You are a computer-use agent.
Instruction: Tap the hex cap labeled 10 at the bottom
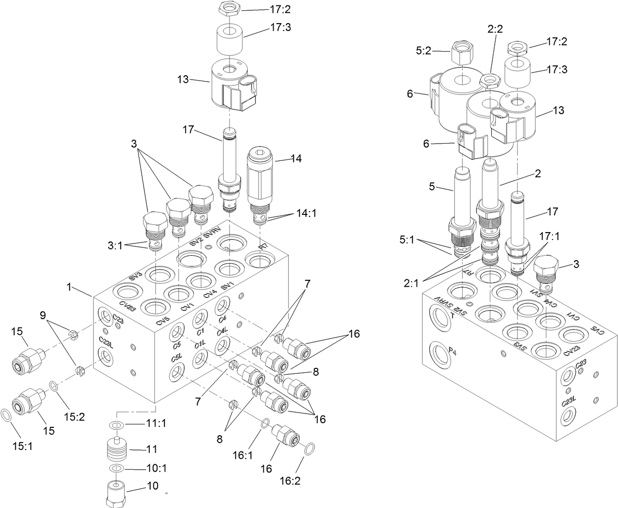[x=116, y=494]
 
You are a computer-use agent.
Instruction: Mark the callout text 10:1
[x=157, y=468]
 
